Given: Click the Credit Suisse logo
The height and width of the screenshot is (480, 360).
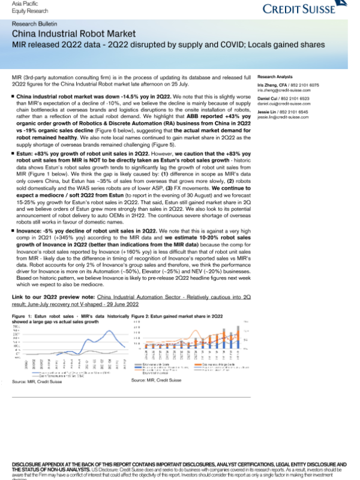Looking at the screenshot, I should click(305, 10).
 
